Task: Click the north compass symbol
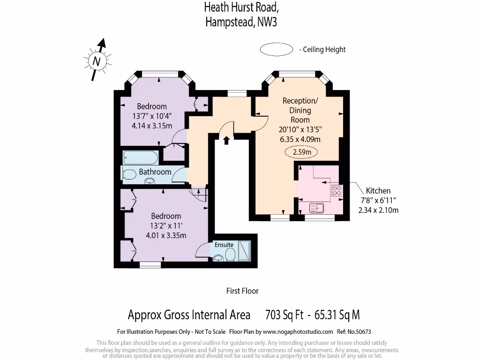click(97, 60)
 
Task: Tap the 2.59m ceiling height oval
click(301, 152)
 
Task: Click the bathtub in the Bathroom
click(141, 157)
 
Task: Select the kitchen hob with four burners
click(337, 190)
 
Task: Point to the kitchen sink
click(317, 207)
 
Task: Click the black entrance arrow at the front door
click(226, 140)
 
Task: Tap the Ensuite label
click(224, 245)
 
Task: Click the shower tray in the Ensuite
click(244, 251)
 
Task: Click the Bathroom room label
click(155, 172)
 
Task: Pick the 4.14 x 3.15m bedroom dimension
click(152, 125)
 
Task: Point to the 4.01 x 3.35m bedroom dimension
click(166, 235)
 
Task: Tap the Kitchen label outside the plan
click(378, 191)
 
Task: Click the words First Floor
click(242, 291)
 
